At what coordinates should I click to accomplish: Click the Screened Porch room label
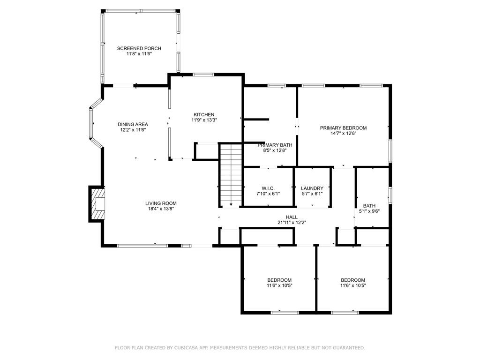(x=139, y=48)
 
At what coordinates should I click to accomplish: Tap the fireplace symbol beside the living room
(x=98, y=204)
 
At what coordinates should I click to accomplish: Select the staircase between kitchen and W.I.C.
(x=230, y=174)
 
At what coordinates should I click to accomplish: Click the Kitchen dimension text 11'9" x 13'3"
(x=204, y=120)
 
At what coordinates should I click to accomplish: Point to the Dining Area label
(x=133, y=124)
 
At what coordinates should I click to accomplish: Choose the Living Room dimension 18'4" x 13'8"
(x=160, y=209)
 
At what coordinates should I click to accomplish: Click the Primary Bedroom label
(x=343, y=127)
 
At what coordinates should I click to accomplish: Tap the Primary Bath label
(x=275, y=145)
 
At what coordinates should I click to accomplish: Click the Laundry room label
(x=312, y=188)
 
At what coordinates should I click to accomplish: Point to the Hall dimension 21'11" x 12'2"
(x=292, y=223)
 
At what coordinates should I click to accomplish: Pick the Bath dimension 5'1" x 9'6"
(x=369, y=211)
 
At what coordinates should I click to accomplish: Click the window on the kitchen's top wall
(x=203, y=75)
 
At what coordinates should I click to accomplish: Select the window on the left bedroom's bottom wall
(x=285, y=312)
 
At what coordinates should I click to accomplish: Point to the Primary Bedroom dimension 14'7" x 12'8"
(x=343, y=133)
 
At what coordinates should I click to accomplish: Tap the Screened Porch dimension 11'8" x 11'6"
(x=139, y=54)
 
